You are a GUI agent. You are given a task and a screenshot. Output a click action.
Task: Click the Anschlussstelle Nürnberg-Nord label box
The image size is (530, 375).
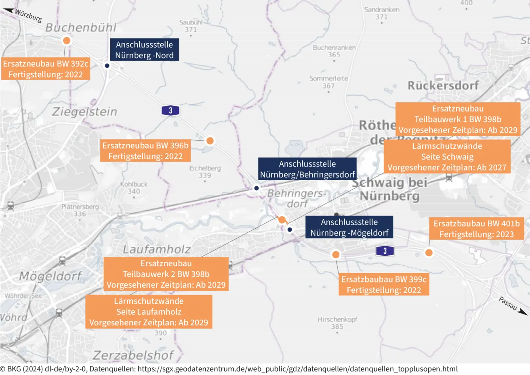144,50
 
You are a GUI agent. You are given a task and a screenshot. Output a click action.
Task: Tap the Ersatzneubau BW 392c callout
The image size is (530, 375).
45,69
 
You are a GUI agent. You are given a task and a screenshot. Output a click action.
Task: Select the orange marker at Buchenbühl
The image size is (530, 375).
67,40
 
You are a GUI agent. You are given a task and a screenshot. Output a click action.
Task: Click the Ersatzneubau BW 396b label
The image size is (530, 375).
145,151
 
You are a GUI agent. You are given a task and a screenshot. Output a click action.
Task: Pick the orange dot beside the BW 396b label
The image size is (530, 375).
210,141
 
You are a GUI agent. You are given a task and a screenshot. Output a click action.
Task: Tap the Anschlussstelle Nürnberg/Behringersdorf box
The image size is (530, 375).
307,169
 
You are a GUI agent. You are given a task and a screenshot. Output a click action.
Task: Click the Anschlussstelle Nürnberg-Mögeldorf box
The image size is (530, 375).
349,227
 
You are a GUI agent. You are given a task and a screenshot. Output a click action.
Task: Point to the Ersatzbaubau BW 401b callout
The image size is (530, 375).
476,229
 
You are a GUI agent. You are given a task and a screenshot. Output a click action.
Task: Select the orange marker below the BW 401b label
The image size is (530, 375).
429,253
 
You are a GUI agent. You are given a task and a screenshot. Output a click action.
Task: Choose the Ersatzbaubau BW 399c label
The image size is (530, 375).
384,284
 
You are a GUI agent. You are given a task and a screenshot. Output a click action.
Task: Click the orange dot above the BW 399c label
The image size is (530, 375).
336,255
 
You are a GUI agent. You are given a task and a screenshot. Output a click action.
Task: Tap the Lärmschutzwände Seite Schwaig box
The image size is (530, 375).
447,157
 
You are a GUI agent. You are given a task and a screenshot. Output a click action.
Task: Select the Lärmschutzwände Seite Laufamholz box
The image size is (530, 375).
149,312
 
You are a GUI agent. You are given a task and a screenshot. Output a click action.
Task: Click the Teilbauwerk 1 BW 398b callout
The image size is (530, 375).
458,119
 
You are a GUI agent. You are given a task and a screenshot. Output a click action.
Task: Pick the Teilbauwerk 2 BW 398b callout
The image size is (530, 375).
166,274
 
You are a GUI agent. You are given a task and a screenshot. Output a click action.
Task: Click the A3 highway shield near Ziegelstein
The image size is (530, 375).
170,110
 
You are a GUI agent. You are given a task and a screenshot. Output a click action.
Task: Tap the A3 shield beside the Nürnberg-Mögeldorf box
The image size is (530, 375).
385,251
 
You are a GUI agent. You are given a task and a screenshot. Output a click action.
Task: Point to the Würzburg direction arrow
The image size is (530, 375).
8,10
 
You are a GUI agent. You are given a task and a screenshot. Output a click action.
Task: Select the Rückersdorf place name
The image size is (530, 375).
443,86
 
